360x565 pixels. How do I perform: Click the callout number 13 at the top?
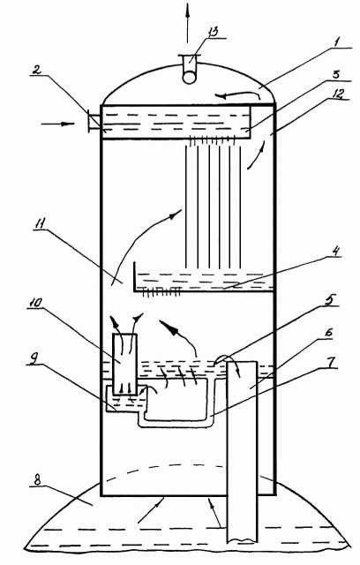214,32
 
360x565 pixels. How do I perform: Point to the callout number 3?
335,74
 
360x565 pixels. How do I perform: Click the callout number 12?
338,94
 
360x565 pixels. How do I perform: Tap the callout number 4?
335,251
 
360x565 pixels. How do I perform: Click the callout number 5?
330,300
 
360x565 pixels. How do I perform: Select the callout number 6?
328,332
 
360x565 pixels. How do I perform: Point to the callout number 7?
333,361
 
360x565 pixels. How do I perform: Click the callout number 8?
37,480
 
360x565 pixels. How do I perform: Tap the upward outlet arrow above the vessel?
187,24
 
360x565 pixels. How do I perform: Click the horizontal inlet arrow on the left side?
57,124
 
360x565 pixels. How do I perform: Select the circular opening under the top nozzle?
190,77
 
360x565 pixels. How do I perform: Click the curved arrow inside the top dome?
237,95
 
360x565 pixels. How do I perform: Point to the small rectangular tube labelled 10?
124,364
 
